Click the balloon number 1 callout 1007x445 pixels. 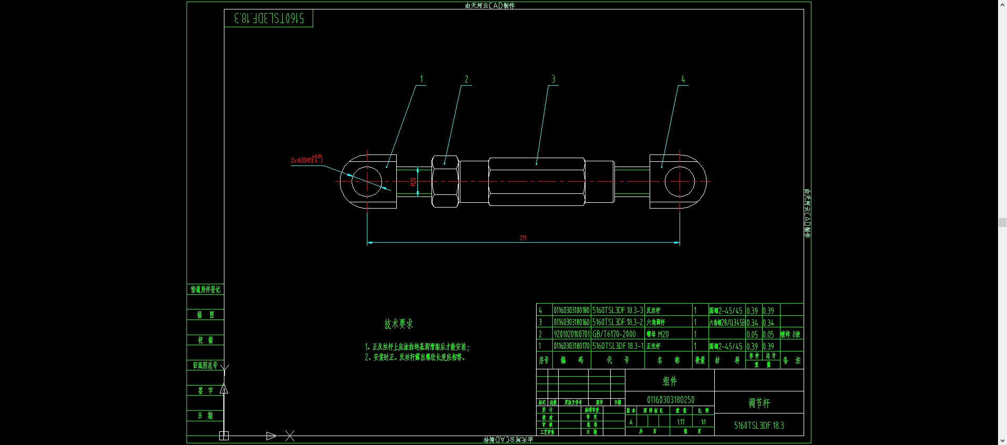coord(421,79)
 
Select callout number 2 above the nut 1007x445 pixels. coord(466,79)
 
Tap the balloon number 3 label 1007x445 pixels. coord(553,79)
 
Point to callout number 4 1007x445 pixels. coord(683,79)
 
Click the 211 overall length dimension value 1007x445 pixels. coord(523,238)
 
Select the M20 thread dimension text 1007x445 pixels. coord(414,182)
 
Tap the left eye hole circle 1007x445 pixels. coord(367,181)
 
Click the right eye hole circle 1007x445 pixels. coord(680,181)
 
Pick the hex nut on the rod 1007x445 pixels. coord(445,181)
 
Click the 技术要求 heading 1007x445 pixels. coord(398,324)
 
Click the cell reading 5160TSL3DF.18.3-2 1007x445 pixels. coord(618,322)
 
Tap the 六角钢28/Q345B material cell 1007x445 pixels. coord(726,322)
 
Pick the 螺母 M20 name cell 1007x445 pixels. coord(657,334)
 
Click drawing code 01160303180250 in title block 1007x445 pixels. coord(670,400)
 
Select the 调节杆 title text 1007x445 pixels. coord(759,403)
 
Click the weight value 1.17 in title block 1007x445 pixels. coord(681,422)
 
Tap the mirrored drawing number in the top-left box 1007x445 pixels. coord(269,18)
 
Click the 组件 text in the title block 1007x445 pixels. coord(670,381)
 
